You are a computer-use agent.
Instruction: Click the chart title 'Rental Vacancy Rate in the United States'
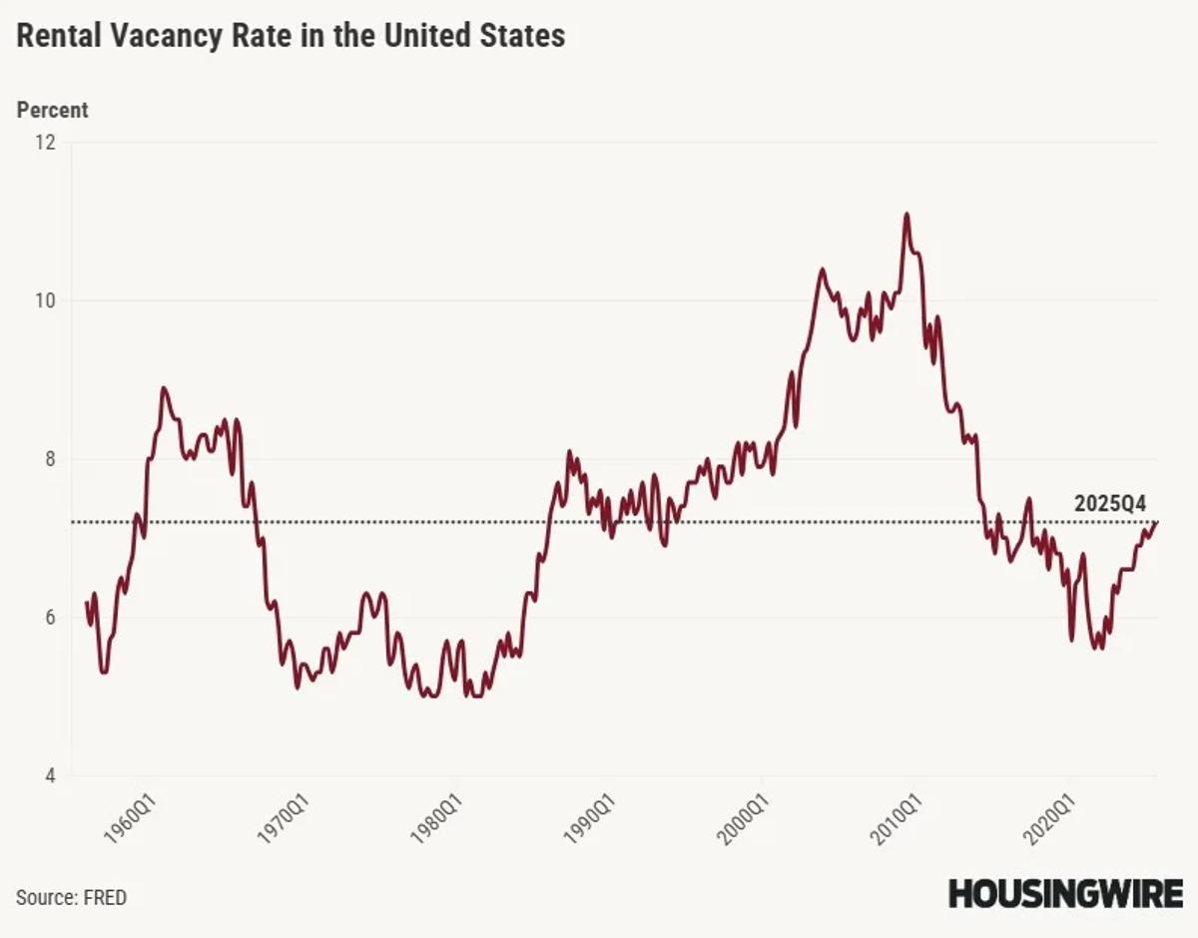[x=291, y=37]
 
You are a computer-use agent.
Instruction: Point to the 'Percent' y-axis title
[x=52, y=110]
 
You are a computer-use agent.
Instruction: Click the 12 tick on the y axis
[x=45, y=143]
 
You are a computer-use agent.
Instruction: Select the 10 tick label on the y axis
[x=45, y=301]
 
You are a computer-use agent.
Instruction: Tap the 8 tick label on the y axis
[x=49, y=460]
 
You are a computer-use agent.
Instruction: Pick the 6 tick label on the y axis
[x=49, y=619]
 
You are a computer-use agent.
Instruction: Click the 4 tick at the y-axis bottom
[x=49, y=776]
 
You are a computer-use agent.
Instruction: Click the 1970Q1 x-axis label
[x=284, y=820]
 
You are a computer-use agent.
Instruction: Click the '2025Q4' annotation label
[x=1110, y=504]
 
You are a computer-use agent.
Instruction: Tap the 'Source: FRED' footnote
[x=72, y=897]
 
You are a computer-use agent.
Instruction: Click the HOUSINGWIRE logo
[x=1065, y=893]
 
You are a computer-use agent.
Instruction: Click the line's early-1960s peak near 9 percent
[x=164, y=388]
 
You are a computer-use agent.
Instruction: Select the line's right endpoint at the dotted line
[x=1157, y=522]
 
